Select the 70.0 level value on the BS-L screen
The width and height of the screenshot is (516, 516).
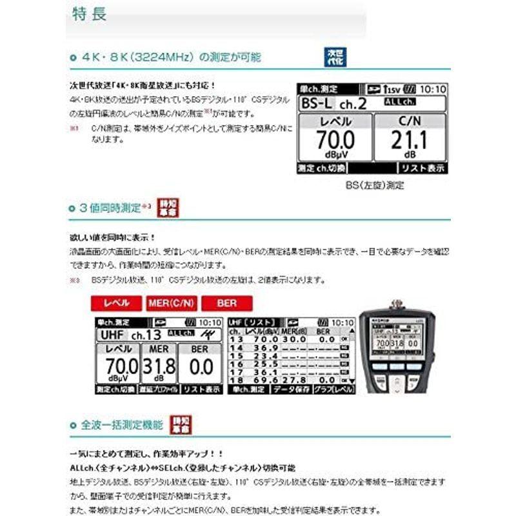pos(335,139)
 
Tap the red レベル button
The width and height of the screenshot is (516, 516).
pos(117,303)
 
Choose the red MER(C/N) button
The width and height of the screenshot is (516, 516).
pos(171,303)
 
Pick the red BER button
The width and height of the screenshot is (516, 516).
pos(227,303)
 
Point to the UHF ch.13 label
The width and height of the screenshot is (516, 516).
pos(129,335)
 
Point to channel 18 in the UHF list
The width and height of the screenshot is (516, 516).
pos(235,381)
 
